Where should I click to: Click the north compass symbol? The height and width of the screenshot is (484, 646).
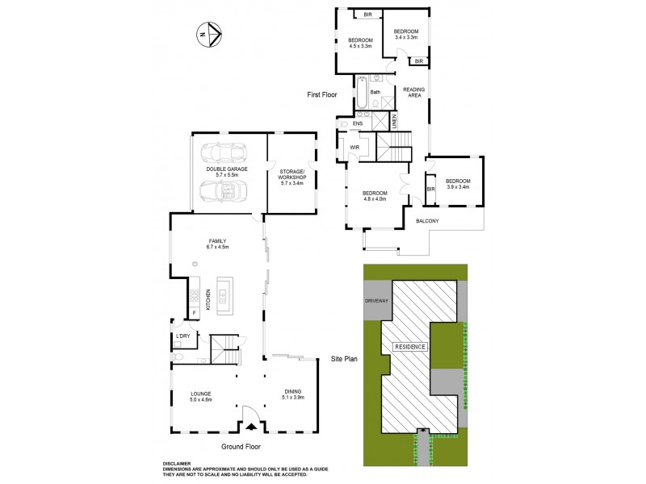[210, 34]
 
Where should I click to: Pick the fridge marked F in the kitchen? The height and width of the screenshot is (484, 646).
[194, 312]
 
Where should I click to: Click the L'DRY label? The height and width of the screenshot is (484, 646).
[182, 336]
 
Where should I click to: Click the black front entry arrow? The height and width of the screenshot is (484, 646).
[251, 428]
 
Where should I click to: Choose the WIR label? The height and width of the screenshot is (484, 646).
[353, 148]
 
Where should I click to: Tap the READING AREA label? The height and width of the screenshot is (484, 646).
[414, 92]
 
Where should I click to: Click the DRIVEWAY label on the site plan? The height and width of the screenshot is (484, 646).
[377, 300]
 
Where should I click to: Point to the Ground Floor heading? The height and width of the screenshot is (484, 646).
[241, 446]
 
